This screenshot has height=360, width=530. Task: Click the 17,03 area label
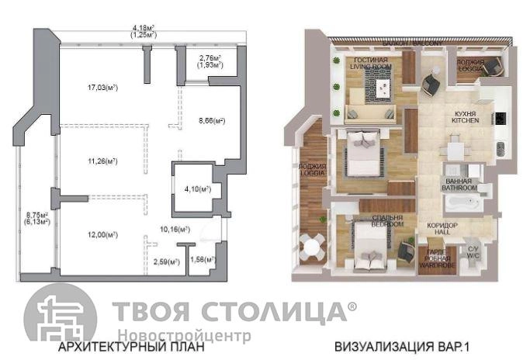click(x=102, y=88)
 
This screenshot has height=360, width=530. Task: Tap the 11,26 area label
click(x=102, y=161)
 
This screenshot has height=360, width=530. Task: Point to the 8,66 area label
click(x=212, y=121)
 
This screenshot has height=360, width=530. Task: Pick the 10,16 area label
click(x=174, y=230)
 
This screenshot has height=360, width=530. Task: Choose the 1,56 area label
click(x=202, y=260)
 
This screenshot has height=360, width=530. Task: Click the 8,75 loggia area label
click(x=36, y=218)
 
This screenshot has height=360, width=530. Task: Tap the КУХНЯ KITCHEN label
click(x=466, y=118)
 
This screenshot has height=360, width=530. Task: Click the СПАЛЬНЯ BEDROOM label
click(x=385, y=222)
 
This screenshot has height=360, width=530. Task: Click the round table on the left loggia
click(x=313, y=247)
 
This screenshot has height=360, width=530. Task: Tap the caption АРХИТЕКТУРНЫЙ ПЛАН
click(x=132, y=347)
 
